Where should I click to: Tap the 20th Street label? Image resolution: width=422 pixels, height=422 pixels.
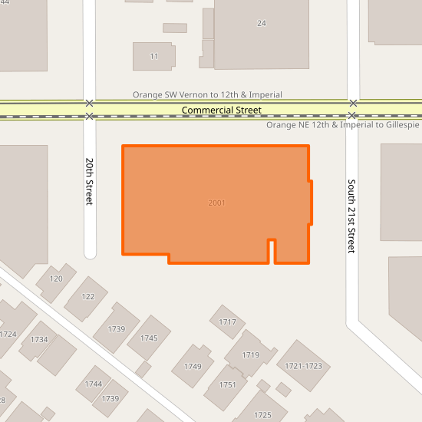90,182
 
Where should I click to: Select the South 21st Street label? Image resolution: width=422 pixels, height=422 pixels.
352,216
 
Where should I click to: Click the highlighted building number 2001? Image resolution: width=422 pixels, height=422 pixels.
216,203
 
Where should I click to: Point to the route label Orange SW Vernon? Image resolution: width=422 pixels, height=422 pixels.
207,95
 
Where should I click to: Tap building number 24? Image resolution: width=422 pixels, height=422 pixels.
262,23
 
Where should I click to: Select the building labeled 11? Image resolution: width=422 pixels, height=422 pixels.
154,57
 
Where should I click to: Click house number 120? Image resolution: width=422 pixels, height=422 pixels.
56,279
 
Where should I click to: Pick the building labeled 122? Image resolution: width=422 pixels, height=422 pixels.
88,296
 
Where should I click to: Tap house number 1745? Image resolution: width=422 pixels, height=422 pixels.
150,338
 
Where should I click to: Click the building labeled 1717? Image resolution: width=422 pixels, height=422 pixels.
228,322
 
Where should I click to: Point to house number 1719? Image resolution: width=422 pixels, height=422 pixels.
251,355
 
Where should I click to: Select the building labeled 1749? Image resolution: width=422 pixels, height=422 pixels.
193,367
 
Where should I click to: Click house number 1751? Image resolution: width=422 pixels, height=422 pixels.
227,385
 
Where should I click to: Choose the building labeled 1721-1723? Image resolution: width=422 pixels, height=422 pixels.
304,367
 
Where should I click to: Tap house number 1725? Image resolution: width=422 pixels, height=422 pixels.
262,415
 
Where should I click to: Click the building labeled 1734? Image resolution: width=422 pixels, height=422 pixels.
39,340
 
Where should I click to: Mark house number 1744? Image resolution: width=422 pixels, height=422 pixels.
94,384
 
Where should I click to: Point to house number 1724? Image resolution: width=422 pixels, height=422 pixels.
8,334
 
